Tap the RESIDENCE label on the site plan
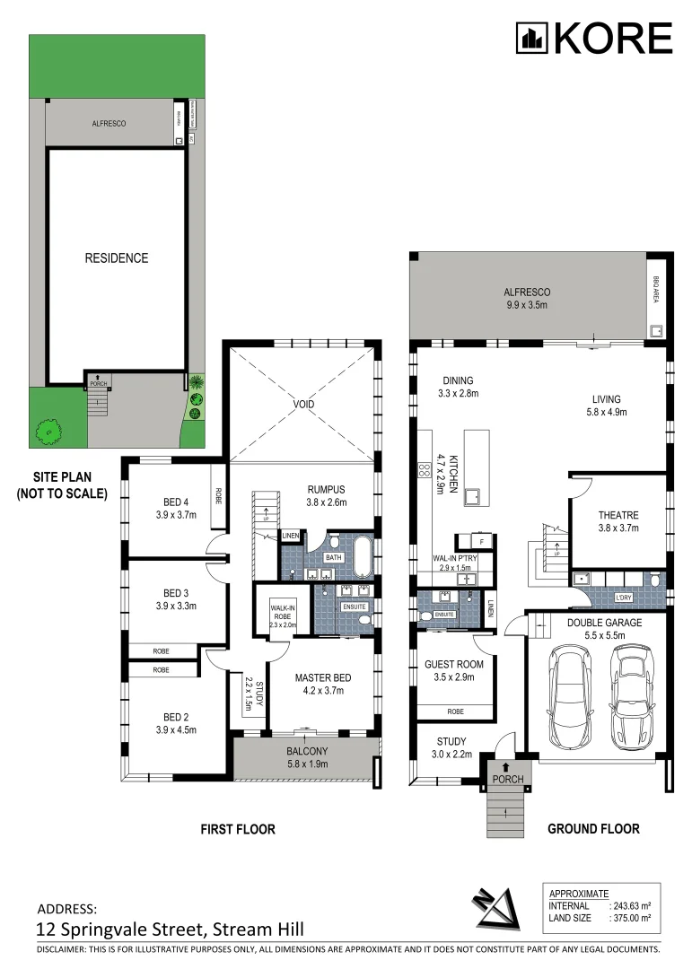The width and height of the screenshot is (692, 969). [117, 258]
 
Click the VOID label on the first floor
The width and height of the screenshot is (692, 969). [304, 405]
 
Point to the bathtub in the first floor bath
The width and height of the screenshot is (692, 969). [362, 555]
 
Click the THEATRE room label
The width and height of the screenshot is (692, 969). [618, 515]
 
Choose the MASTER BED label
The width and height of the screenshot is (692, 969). [322, 678]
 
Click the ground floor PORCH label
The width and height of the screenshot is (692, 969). [508, 779]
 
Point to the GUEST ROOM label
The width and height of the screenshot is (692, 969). [454, 665]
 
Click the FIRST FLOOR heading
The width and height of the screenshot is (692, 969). [237, 829]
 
